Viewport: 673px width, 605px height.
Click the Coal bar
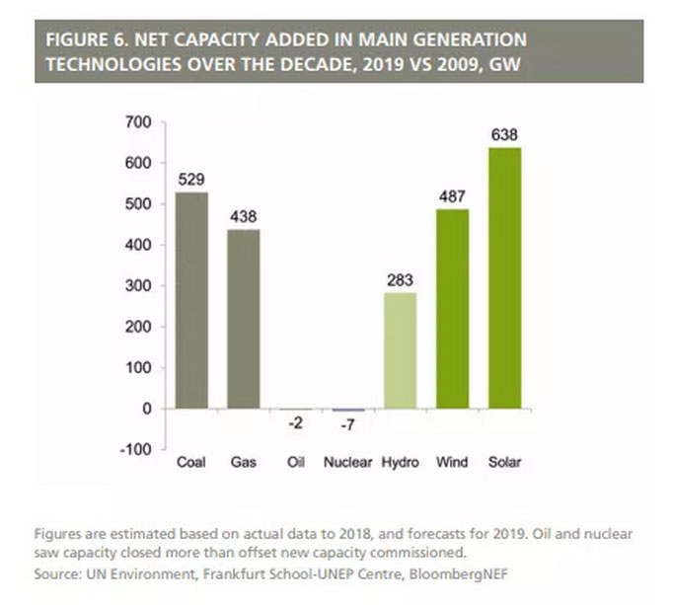[x=191, y=300]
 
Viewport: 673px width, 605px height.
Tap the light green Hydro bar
[x=401, y=350]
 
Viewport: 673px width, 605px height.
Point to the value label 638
[x=504, y=135]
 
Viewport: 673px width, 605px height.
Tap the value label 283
[x=401, y=280]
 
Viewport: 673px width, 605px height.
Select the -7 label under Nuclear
[x=348, y=426]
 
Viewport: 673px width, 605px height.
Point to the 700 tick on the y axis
[x=138, y=122]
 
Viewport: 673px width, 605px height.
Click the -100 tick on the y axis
[x=134, y=449]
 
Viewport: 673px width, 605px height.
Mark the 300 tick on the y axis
[x=138, y=286]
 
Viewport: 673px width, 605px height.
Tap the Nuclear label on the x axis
[x=348, y=462]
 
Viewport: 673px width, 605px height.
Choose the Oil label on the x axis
[x=296, y=462]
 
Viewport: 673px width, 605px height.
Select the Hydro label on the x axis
[x=401, y=462]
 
